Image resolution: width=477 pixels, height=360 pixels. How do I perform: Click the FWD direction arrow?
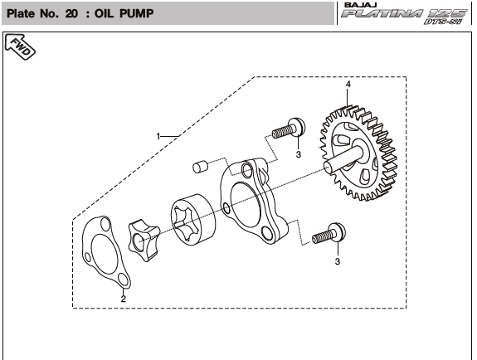[21, 46]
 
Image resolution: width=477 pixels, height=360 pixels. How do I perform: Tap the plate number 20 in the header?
[71, 13]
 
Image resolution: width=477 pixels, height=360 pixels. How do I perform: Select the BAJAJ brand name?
[361, 5]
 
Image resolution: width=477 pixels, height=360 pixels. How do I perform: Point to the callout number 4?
[348, 84]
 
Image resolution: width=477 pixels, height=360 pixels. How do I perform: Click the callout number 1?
[158, 136]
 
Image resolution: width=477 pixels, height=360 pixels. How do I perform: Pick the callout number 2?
[123, 299]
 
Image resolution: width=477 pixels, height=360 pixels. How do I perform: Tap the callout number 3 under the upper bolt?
[298, 154]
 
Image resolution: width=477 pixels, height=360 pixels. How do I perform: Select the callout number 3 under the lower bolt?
[337, 261]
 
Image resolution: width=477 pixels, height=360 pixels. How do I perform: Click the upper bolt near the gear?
[289, 128]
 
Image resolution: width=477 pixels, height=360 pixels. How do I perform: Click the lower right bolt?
[329, 233]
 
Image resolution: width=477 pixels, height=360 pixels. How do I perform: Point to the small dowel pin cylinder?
[200, 167]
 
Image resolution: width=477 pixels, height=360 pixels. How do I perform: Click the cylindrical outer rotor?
[192, 220]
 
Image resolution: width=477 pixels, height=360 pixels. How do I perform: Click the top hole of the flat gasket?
[105, 226]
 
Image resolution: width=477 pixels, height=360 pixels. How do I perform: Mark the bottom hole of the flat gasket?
[123, 280]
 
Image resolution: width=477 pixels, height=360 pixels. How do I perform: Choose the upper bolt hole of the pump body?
[246, 170]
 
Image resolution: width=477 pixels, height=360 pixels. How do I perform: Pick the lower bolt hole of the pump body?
[267, 234]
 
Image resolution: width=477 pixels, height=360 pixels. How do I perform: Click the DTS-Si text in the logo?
[443, 22]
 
